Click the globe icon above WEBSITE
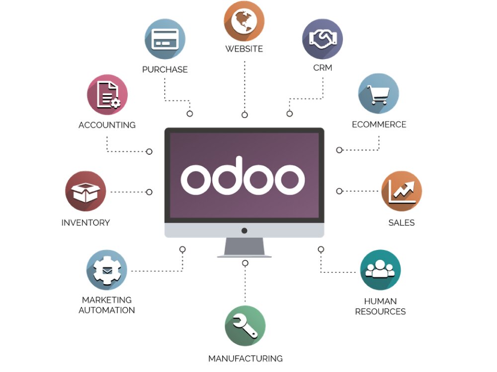point(244,21)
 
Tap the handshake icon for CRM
point(323,39)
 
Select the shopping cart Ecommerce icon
point(379,94)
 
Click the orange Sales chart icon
point(402,191)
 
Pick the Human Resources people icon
point(380,270)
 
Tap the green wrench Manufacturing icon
point(245,326)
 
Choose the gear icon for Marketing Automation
point(107,270)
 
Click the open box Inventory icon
point(85,191)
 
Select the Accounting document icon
point(107,94)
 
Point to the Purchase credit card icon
point(165,39)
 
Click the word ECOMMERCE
point(379,124)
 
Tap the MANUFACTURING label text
point(245,359)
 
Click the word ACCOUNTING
point(107,125)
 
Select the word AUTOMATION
point(107,310)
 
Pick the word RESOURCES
point(380,312)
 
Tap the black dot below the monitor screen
point(244,231)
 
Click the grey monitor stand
point(245,248)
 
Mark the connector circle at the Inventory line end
point(149,191)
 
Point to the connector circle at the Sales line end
point(339,191)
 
